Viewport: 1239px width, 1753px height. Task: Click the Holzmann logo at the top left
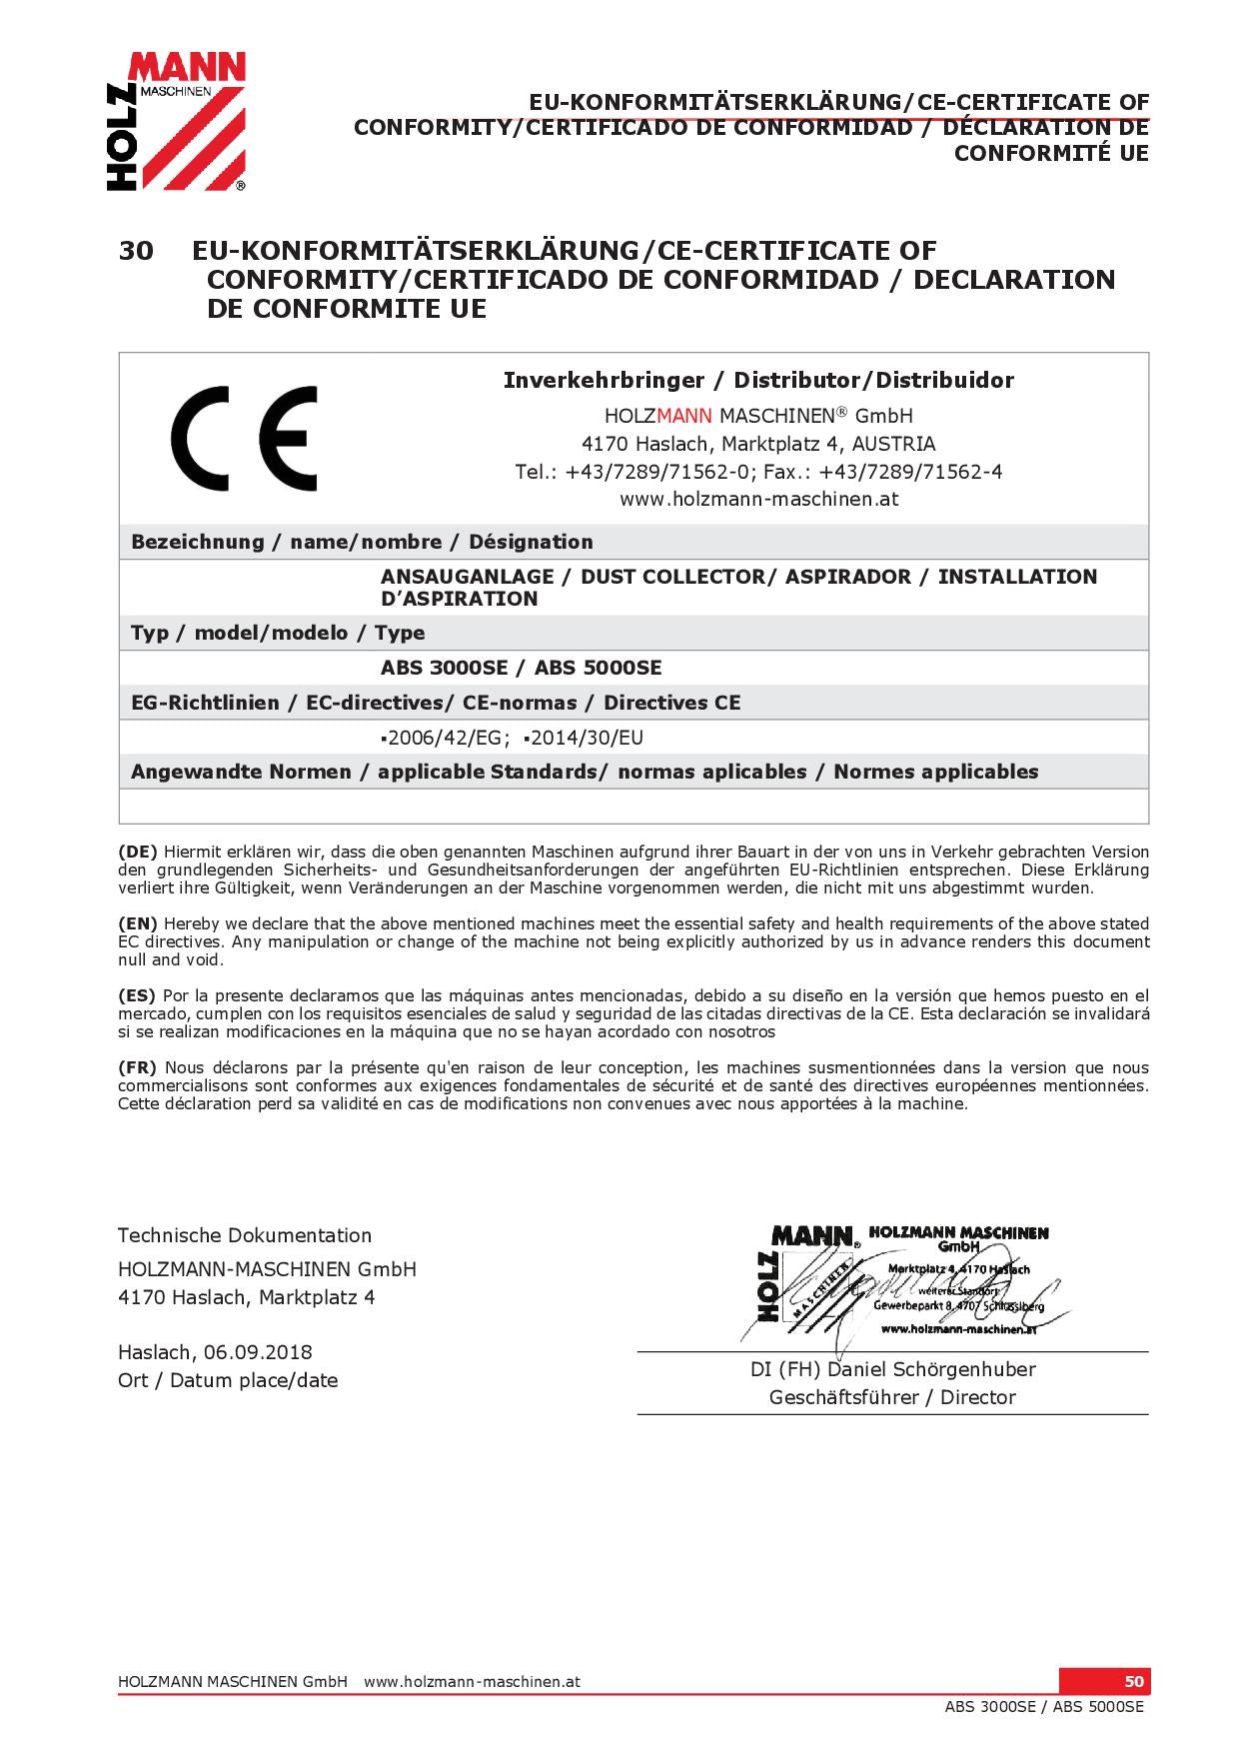(x=176, y=121)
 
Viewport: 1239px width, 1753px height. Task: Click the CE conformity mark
(x=244, y=439)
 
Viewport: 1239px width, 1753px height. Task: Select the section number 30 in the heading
(x=136, y=251)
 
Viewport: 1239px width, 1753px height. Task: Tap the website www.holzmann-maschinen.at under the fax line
(x=758, y=500)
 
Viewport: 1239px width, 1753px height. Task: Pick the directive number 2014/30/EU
(x=587, y=739)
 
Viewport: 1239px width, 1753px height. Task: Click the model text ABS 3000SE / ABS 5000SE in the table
(x=521, y=668)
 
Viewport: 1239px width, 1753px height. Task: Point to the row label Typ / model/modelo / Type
(x=278, y=633)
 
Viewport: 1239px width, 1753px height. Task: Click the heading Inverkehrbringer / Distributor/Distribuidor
(x=758, y=381)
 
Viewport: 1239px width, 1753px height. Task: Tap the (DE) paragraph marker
(x=138, y=853)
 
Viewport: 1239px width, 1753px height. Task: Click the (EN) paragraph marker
(x=138, y=924)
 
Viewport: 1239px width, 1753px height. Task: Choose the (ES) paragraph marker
(x=137, y=996)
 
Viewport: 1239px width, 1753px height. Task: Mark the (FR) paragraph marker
(x=138, y=1068)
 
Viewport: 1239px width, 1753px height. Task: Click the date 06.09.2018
(x=258, y=1353)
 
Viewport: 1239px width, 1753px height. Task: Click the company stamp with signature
(x=904, y=1284)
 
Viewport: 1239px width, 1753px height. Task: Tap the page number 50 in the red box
(x=1133, y=1681)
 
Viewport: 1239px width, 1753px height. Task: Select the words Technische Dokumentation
(x=245, y=1236)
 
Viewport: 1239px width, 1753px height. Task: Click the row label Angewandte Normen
(x=241, y=773)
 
